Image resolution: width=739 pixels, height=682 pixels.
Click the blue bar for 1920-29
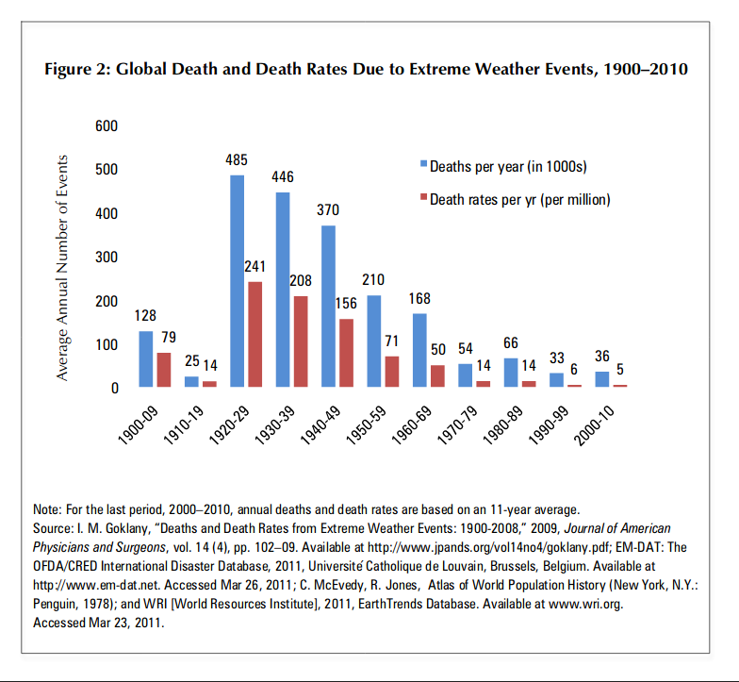pos(238,281)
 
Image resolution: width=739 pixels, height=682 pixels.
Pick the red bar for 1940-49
pos(346,353)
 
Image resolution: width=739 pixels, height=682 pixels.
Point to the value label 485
pos(237,161)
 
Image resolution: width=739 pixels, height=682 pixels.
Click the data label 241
pos(255,267)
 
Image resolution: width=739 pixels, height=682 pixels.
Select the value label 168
pos(419,298)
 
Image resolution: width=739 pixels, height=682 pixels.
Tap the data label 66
pos(511,342)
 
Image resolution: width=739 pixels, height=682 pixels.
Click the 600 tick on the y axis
pos(107,126)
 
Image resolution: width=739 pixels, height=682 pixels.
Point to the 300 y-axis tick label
pos(107,258)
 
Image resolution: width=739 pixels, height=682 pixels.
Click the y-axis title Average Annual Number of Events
pos(63,267)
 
